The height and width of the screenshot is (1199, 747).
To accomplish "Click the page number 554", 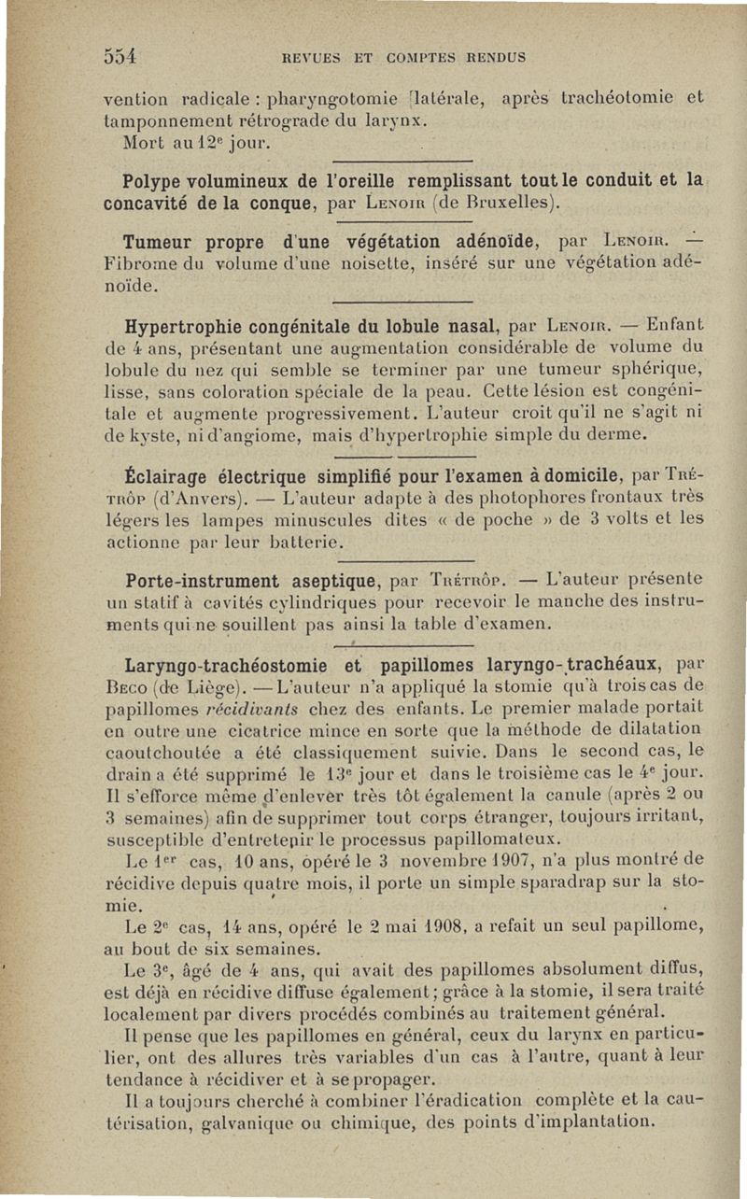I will pyautogui.click(x=120, y=56).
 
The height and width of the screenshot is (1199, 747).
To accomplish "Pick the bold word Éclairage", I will pyautogui.click(x=165, y=478).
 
